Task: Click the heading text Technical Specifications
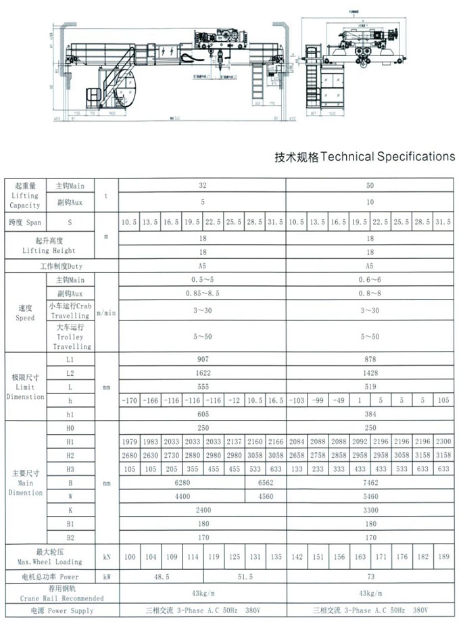364,157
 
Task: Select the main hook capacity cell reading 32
201,185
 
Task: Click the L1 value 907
201,360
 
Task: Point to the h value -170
129,400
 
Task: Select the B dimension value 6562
264,483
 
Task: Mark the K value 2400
201,510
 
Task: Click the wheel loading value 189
443,557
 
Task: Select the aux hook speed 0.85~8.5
201,293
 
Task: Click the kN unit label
107,557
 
